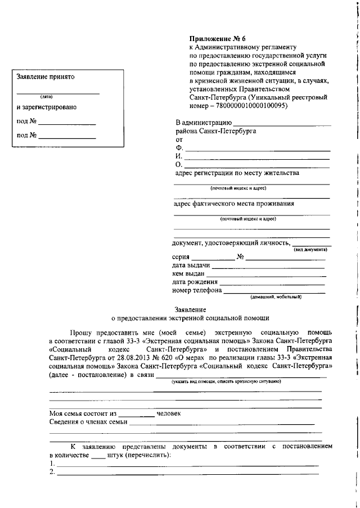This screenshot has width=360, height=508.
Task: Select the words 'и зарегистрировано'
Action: pyautogui.click(x=47, y=107)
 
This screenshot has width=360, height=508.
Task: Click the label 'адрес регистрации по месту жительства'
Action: pyautogui.click(x=237, y=173)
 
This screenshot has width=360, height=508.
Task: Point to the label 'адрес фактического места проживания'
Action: pyautogui.click(x=234, y=204)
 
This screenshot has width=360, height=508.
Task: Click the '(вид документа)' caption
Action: pyautogui.click(x=310, y=249)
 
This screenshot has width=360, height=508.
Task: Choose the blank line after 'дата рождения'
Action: pyautogui.click(x=272, y=284)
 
